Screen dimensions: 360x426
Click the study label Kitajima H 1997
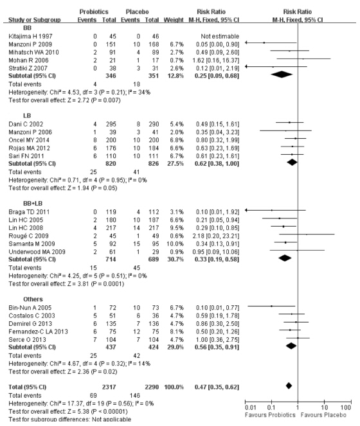pos(30,37)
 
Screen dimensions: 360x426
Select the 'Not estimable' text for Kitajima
pos(220,37)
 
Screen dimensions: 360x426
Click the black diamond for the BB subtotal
pos(282,75)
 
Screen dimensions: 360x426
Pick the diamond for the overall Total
pos(289,386)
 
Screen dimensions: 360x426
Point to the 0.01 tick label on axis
pos(251,407)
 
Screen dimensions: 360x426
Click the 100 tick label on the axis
pos(346,407)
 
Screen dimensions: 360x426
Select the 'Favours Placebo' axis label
pos(323,415)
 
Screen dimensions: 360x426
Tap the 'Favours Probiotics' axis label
pos(270,415)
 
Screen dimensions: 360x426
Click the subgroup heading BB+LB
pos(33,204)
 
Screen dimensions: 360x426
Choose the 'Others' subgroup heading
pos(33,299)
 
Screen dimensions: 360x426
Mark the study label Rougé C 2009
pos(28,236)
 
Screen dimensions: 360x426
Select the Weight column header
pos(174,20)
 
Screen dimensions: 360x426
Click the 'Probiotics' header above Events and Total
pos(94,12)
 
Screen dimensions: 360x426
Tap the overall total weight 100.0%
pos(174,387)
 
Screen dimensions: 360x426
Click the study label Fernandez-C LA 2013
pos(38,332)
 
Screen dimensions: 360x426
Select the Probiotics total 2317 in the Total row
pos(109,387)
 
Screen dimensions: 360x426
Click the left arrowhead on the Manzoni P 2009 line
pos(246,42)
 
